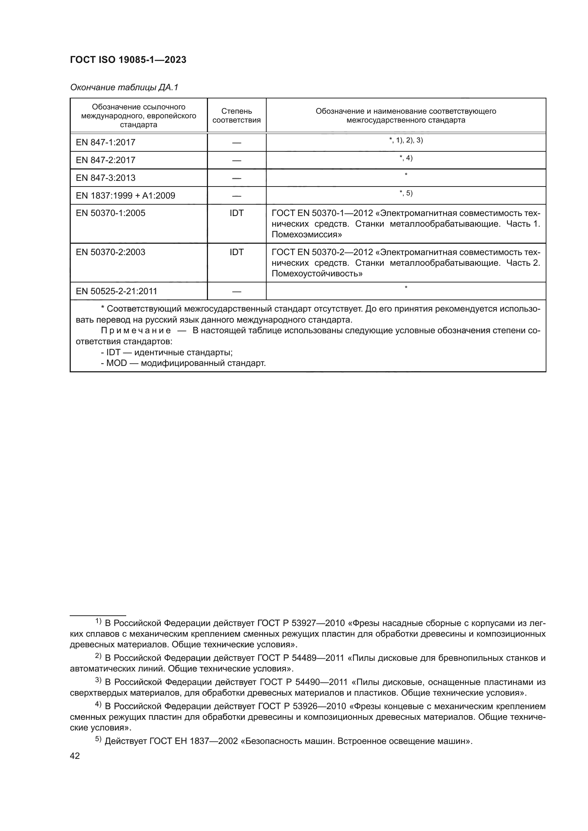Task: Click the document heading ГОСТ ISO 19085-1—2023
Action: tap(128, 60)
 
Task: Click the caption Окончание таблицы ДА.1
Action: tap(124, 88)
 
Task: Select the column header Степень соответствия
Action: tap(236, 115)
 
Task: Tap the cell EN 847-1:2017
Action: tap(105, 142)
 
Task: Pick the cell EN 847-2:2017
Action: tap(105, 160)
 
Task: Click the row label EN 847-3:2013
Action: tap(105, 178)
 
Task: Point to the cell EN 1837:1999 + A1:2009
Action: tap(125, 195)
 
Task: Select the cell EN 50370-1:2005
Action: tap(111, 213)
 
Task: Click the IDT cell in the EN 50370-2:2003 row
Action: tap(236, 252)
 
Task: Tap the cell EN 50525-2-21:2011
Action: tap(116, 291)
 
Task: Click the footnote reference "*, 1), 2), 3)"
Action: tap(406, 140)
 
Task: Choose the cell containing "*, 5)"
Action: tap(406, 193)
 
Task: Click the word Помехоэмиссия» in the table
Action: tap(306, 234)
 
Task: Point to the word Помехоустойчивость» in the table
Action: tap(317, 274)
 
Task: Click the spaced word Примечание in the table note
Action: tap(136, 330)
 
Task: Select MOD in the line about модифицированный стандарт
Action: tap(117, 363)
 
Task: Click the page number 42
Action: tap(75, 756)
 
